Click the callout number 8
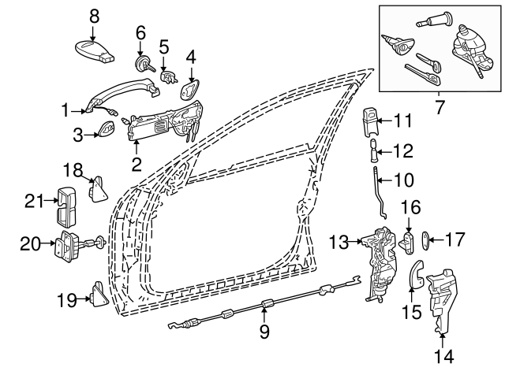tap(94, 15)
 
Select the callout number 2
tap(137, 165)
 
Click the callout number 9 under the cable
tap(264, 332)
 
